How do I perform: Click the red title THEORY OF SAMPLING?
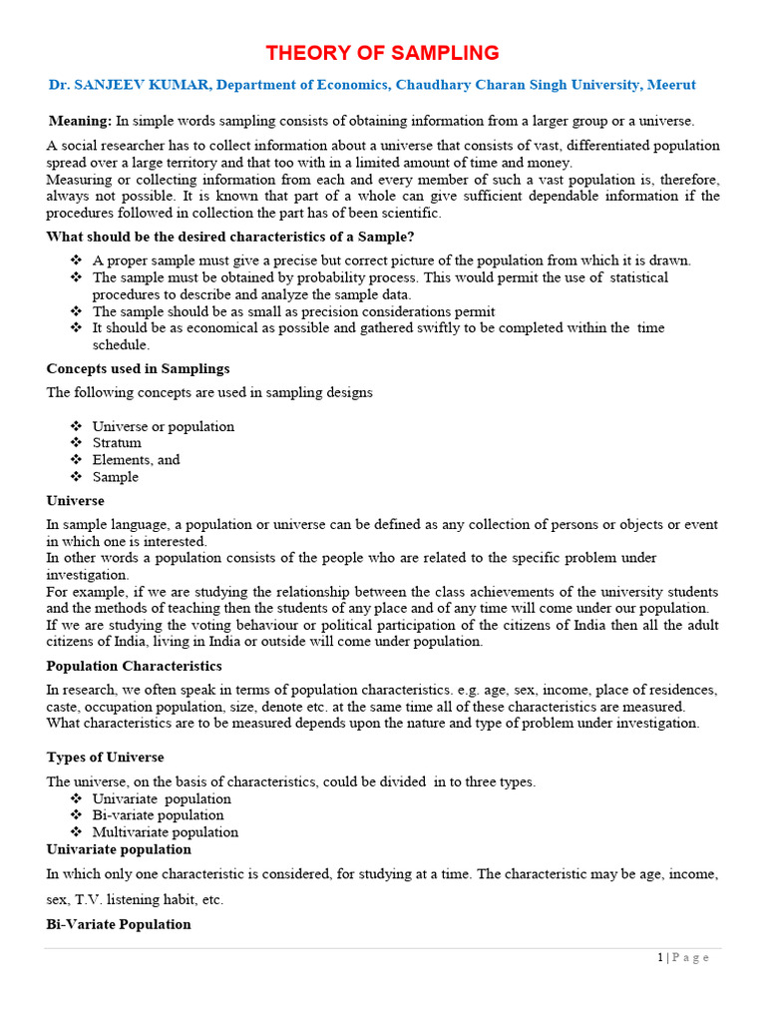[382, 53]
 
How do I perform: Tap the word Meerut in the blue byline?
[671, 86]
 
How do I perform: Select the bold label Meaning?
[81, 121]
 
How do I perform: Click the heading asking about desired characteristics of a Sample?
[230, 237]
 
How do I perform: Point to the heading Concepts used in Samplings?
[138, 368]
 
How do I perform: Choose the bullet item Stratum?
[117, 443]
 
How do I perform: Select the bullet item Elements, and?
[136, 460]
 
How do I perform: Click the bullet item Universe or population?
[163, 426]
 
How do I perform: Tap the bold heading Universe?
[75, 500]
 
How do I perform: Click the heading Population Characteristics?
[134, 666]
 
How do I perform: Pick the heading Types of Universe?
[105, 757]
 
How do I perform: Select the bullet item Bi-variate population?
[158, 815]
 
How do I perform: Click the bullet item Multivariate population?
[165, 832]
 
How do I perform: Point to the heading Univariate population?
[119, 849]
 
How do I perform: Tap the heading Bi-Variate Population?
[119, 924]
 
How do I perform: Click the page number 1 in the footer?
[660, 957]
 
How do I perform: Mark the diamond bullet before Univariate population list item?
[76, 798]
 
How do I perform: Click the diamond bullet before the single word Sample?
[76, 477]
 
